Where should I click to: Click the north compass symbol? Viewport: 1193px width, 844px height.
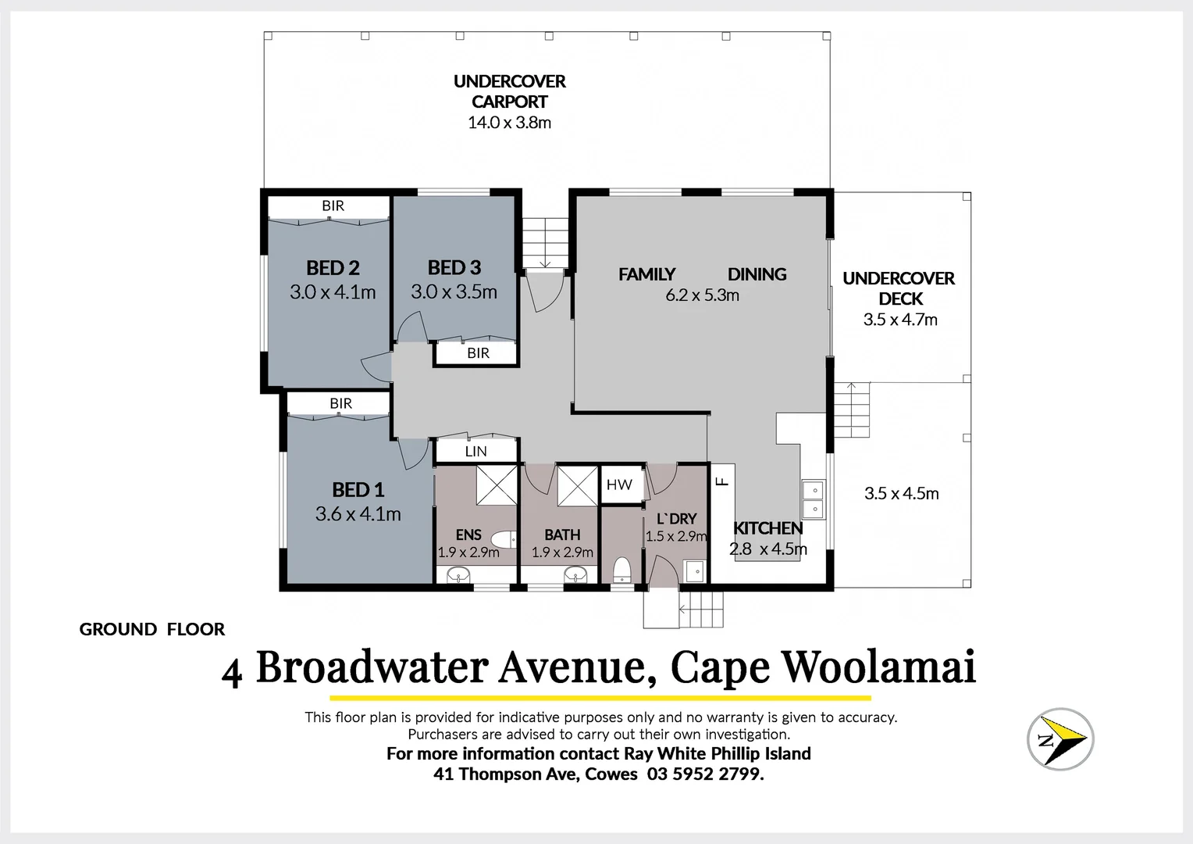click(x=1059, y=738)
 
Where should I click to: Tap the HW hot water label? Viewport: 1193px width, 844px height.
click(x=619, y=485)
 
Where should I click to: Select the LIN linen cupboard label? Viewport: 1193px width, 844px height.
click(x=475, y=452)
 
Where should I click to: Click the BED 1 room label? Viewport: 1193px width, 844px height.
click(x=358, y=490)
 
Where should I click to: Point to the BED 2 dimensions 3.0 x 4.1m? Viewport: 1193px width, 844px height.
click(x=333, y=292)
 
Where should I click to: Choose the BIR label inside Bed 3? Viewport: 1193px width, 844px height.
click(x=478, y=353)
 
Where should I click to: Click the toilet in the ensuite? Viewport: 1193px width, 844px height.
click(x=505, y=538)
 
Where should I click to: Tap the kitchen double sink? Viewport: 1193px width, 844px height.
click(x=812, y=499)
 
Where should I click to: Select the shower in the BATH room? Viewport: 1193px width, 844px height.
click(x=577, y=485)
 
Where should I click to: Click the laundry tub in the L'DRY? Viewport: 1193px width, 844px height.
click(x=694, y=572)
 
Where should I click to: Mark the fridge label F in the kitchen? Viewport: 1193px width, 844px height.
click(x=722, y=481)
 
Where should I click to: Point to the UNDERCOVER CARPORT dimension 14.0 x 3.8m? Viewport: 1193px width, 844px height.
click(x=509, y=123)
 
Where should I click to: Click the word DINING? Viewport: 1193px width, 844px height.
click(x=757, y=274)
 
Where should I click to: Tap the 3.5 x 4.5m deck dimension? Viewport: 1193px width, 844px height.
click(x=901, y=493)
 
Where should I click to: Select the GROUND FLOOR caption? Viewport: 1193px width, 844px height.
click(x=152, y=629)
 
